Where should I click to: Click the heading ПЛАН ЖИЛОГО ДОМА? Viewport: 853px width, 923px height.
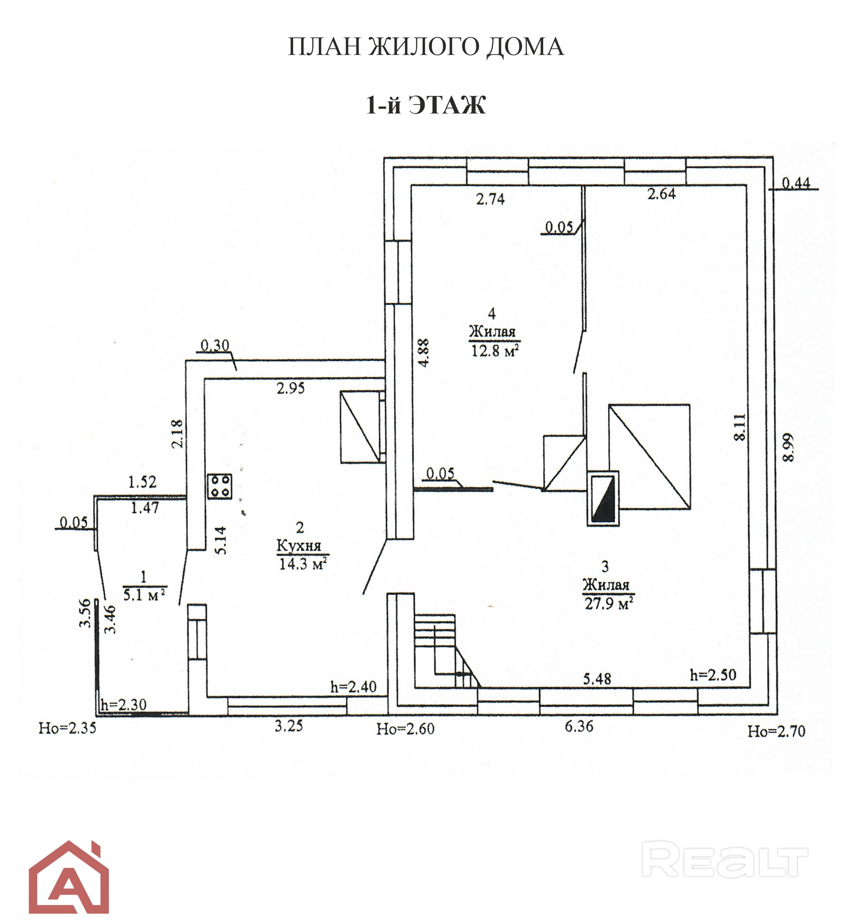[x=426, y=46]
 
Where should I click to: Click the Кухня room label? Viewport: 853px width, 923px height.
[x=299, y=546]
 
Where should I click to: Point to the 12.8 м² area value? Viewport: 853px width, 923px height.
[x=494, y=351]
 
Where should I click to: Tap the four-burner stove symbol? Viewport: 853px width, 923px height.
[x=219, y=486]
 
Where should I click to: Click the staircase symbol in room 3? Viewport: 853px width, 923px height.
[x=447, y=650]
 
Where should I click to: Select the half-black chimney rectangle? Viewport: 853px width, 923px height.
[x=603, y=498]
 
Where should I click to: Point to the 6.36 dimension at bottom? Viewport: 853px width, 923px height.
[x=579, y=726]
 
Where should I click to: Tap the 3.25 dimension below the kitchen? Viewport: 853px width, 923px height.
[x=289, y=726]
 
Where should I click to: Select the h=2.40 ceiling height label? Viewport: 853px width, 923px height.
[x=354, y=687]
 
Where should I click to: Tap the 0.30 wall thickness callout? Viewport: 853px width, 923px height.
[x=215, y=346]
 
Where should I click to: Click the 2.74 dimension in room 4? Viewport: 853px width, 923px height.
[x=490, y=199]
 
